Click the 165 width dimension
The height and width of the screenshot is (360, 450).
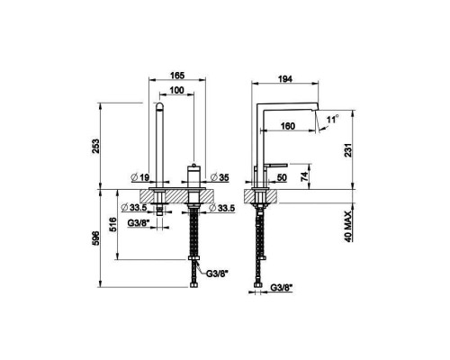point(177,75)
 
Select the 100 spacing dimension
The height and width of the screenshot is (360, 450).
point(176,90)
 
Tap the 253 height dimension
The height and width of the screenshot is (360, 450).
point(95,146)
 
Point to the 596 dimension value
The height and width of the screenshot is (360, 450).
point(95,238)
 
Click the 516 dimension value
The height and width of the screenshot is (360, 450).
point(112,225)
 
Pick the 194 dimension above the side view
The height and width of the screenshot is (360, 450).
point(285,78)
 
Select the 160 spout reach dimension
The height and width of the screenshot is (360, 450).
point(288,126)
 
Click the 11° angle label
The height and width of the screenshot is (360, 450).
point(333,119)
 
